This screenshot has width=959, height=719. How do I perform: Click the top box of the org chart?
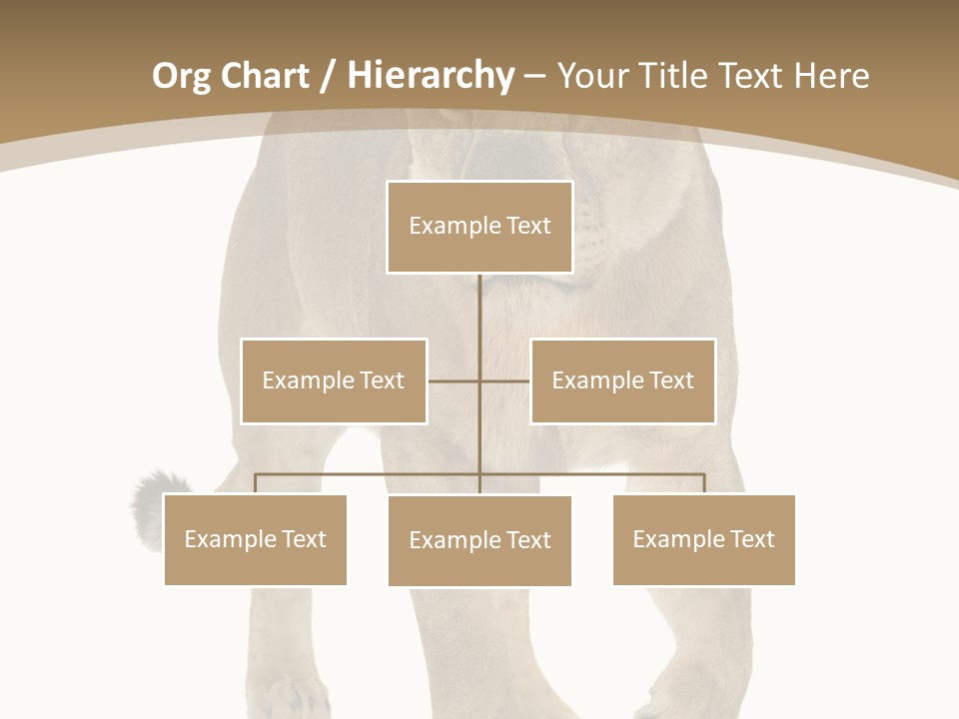point(479,227)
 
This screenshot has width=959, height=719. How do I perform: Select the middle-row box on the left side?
point(334,380)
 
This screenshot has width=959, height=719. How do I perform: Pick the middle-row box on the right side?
point(622,380)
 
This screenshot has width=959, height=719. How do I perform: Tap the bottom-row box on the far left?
point(255,539)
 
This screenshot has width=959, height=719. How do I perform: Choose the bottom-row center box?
point(479,540)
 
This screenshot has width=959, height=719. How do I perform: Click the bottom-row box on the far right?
point(703,539)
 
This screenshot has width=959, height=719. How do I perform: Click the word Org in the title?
point(181,77)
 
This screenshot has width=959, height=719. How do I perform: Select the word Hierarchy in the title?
point(431,76)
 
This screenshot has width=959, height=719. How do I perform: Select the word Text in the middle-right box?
point(670,380)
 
